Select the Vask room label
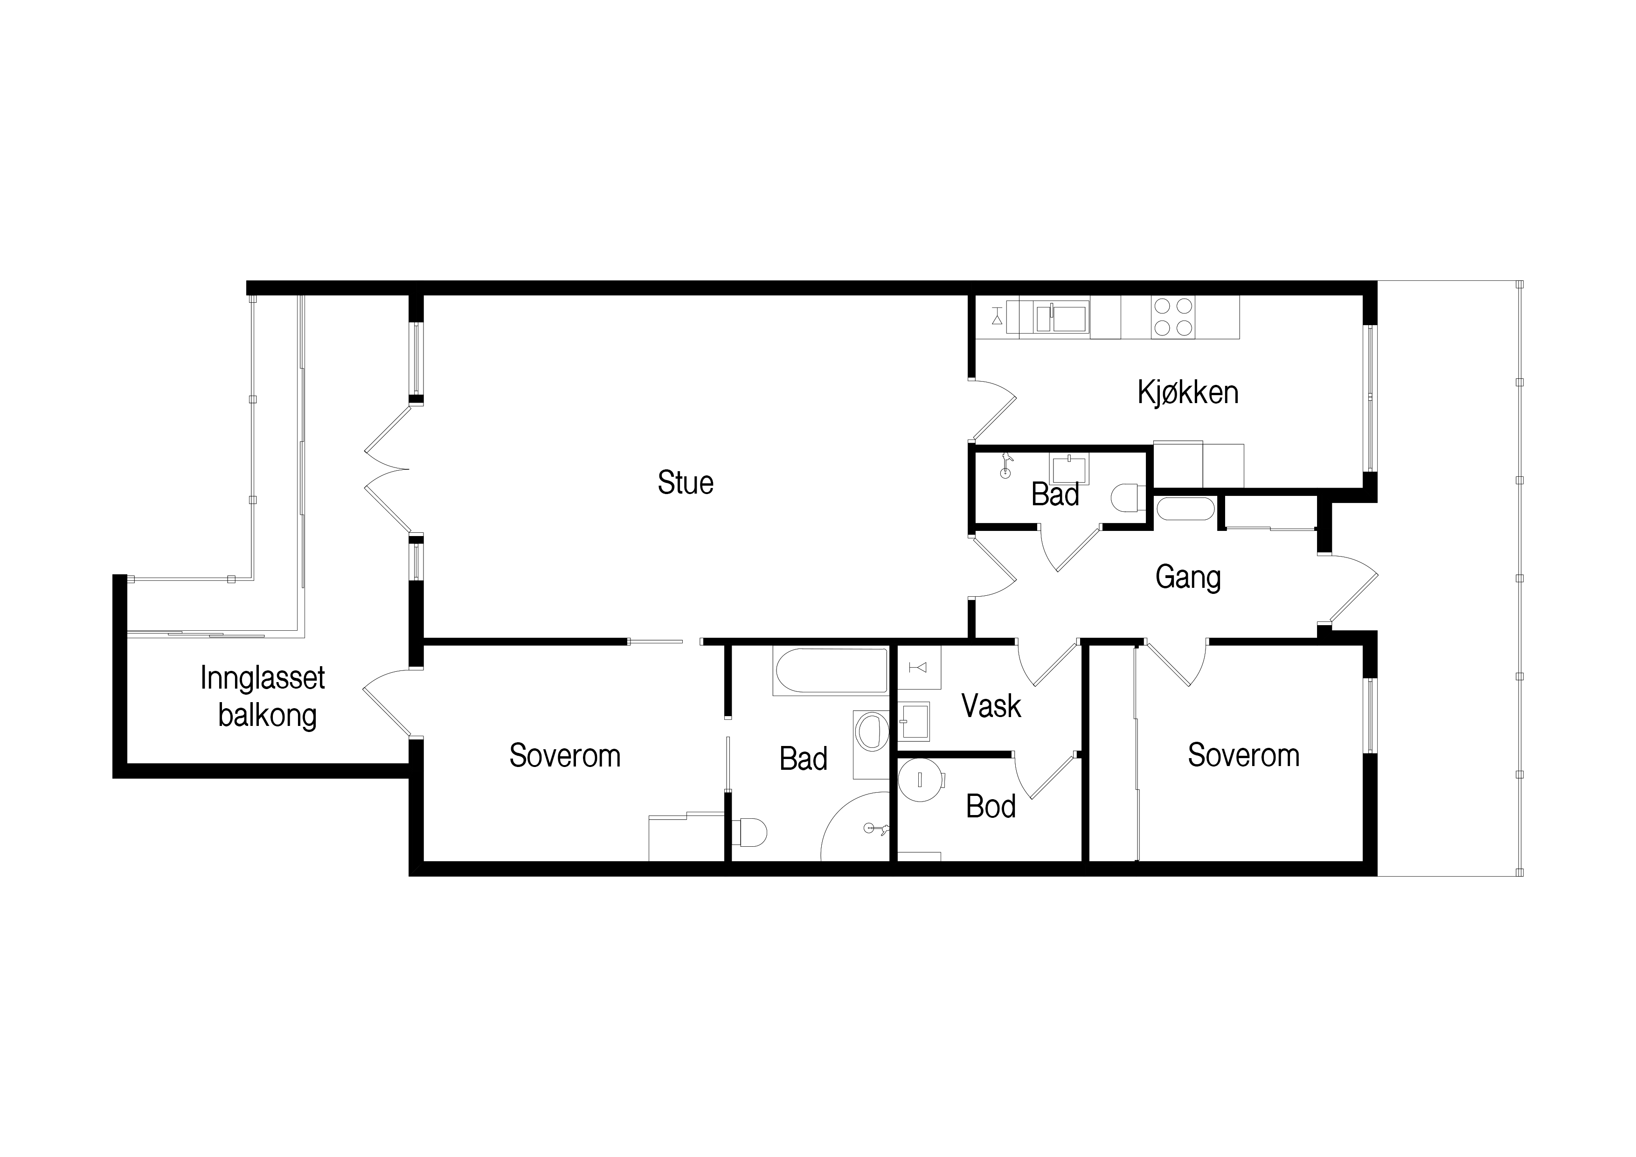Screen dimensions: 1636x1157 tap(991, 706)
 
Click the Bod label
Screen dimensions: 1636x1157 tap(991, 806)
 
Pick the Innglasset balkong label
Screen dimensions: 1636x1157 tap(263, 697)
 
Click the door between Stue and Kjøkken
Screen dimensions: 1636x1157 tap(992, 410)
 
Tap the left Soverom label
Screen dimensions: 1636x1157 tap(565, 756)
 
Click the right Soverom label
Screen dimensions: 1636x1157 tap(1243, 755)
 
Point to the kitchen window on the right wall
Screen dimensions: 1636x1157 tap(1370, 398)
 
